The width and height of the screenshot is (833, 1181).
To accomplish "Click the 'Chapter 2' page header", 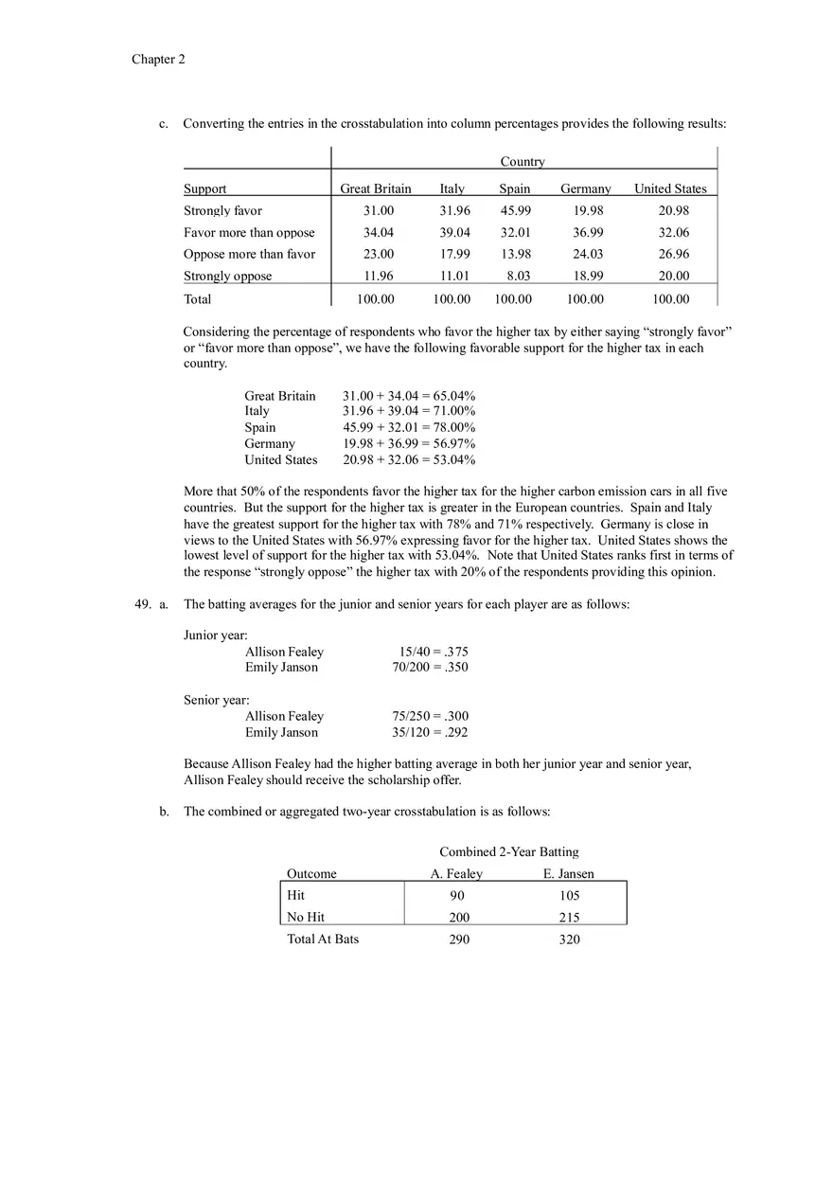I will [x=158, y=60].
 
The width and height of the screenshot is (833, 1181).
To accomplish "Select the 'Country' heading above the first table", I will [x=523, y=162].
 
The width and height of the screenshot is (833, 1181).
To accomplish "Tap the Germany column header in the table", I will [x=585, y=188].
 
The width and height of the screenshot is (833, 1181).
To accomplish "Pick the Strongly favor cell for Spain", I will [x=515, y=211].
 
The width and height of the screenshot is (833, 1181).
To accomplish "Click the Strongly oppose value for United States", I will [x=673, y=276].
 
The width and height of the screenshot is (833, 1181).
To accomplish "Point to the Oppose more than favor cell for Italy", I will [x=453, y=254].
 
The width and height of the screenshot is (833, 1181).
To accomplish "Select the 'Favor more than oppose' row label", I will [x=249, y=233].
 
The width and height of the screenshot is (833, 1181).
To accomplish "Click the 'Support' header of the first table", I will [x=204, y=188].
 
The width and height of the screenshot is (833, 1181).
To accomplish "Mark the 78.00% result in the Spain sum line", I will [x=454, y=427].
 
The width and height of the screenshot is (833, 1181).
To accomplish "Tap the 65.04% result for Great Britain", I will [x=454, y=396].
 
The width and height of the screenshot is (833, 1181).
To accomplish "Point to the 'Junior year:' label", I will [x=215, y=635].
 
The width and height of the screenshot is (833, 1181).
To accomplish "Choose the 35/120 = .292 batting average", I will [x=430, y=732].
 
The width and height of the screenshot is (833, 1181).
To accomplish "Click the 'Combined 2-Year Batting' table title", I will [x=508, y=852].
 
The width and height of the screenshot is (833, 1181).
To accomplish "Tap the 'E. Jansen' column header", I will [x=568, y=874].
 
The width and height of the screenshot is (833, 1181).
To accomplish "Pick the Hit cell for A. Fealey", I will [x=457, y=896].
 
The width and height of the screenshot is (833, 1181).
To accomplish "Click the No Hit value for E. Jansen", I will [x=569, y=918].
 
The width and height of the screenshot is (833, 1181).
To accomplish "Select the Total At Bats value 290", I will [x=458, y=939].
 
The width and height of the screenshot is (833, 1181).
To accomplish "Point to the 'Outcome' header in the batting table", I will [x=311, y=874].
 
